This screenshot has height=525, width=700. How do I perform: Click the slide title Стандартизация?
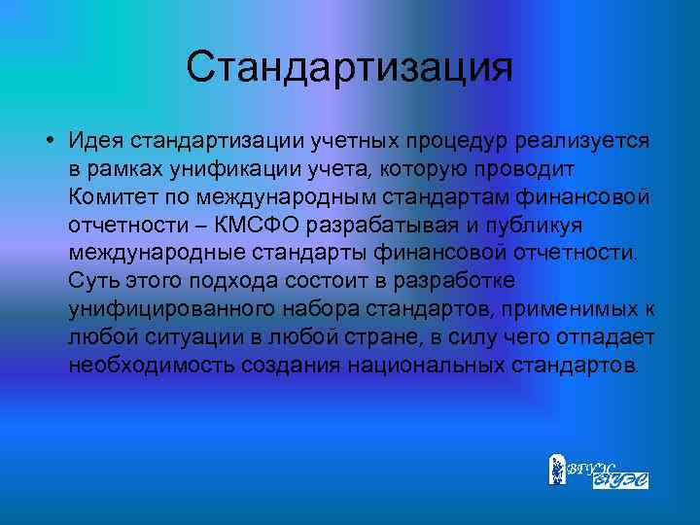pyautogui.click(x=349, y=67)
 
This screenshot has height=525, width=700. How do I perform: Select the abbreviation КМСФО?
pyautogui.click(x=263, y=226)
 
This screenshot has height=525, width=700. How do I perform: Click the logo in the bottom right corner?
pyautogui.click(x=598, y=471)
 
